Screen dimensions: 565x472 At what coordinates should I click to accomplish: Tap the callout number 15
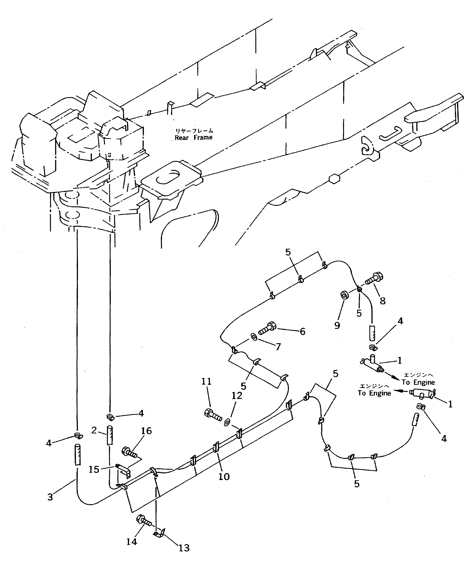coord(94,469)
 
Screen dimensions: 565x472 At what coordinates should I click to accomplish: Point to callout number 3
coord(50,497)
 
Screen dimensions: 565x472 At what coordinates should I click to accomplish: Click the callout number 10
coord(224,477)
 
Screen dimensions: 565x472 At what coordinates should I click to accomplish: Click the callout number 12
coord(237,396)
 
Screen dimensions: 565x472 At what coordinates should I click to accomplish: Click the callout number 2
coord(94,430)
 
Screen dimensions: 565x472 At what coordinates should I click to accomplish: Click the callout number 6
coord(302,331)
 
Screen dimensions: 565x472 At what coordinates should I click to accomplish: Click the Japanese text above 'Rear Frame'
coord(194,131)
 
